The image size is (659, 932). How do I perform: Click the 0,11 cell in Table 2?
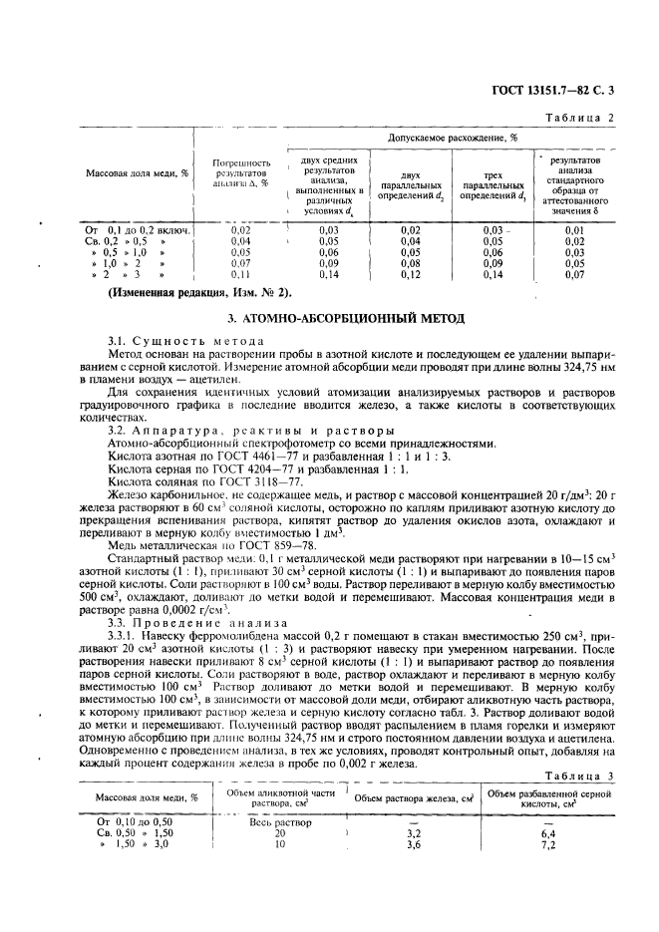[x=240, y=273]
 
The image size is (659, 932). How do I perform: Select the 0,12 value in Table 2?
[x=410, y=273]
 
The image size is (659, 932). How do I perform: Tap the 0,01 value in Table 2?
[x=573, y=230]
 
